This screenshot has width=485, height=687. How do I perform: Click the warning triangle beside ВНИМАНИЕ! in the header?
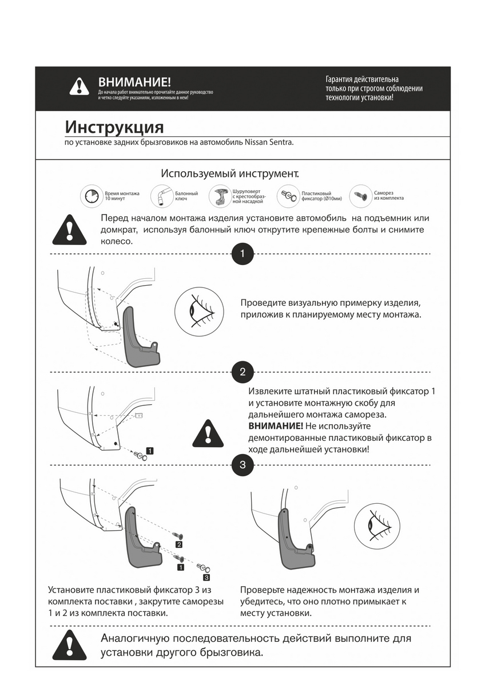pos(79,86)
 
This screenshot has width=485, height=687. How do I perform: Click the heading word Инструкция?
pos(114,127)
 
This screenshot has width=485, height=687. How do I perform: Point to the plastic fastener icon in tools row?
pos(288,196)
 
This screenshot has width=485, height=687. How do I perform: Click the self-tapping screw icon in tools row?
pos(360,196)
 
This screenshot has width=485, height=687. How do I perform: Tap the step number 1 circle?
pos(242,254)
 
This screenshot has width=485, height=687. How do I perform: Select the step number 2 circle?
pos(242,372)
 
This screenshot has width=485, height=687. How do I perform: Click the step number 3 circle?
pos(242,465)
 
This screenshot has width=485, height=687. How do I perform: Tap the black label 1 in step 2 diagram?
pos(149,451)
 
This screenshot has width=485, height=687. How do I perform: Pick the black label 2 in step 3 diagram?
pos(179,544)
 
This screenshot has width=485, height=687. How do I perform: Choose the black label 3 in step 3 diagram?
pos(206,578)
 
